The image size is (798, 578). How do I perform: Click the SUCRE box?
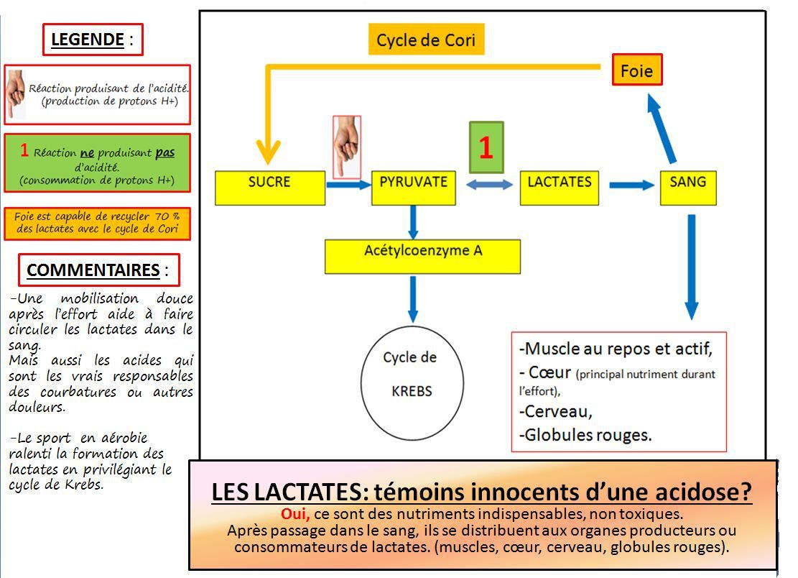coord(270,188)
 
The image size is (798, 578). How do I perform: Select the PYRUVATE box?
coord(413,188)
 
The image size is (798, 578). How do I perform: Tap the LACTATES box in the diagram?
coord(560,188)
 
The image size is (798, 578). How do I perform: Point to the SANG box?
coord(688,188)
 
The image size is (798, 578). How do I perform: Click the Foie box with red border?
coord(636,70)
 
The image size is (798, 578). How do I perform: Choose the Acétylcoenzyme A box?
coord(422,257)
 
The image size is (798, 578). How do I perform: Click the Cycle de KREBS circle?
coord(412,383)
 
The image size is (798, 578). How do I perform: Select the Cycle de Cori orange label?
coord(426,40)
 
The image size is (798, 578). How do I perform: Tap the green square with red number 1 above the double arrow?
coord(486,147)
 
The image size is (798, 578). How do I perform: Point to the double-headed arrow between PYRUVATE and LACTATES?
coord(490,185)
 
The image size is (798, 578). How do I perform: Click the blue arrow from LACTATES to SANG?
coord(631,185)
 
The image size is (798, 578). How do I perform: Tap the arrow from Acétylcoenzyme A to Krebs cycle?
coord(413,300)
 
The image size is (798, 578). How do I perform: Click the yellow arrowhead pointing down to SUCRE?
coord(268,152)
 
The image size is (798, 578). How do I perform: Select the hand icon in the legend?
coord(16,94)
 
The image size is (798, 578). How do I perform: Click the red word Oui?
coord(295,514)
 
